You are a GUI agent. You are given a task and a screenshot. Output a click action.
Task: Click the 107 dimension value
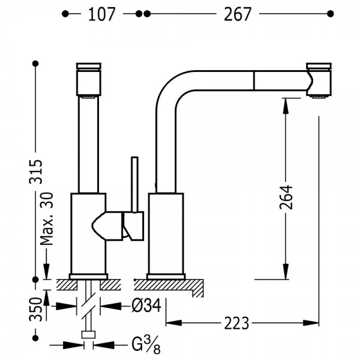(101, 14)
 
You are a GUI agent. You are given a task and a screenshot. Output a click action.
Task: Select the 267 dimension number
(238, 14)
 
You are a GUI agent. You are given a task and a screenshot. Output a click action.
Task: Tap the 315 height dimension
(36, 171)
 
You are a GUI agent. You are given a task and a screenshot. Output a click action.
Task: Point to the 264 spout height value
(286, 197)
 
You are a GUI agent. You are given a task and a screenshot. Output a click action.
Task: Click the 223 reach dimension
(236, 323)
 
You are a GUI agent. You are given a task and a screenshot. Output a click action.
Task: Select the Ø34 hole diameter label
(146, 305)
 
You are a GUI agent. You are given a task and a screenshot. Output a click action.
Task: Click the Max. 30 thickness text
(46, 219)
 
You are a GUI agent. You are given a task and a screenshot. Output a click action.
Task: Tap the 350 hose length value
(36, 309)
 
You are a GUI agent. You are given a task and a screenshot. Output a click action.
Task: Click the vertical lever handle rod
(135, 184)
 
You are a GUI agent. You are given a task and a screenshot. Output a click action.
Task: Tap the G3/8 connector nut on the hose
(88, 335)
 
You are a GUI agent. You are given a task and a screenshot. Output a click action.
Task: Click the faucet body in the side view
(166, 233)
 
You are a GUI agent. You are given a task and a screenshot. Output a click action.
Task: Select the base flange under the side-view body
(166, 277)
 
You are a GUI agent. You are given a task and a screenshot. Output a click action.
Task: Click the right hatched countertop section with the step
(169, 287)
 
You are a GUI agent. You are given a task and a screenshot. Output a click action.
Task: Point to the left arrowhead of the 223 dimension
(174, 323)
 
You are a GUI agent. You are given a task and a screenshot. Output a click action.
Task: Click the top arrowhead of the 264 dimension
(286, 106)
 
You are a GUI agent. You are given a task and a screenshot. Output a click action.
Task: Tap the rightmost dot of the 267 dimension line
(331, 14)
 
